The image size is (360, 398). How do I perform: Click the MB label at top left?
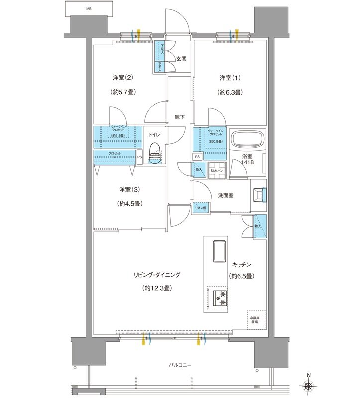(89, 9)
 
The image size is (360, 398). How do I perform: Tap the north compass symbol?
(309, 385)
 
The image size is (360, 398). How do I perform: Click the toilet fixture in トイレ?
(155, 154)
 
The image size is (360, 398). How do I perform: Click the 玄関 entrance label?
(181, 59)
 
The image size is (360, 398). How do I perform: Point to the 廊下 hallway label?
(179, 117)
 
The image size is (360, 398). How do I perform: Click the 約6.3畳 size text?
(230, 92)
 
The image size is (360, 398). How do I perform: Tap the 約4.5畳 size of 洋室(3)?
(128, 203)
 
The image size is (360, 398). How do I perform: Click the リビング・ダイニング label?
(156, 274)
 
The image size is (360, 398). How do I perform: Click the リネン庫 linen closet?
(201, 208)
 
